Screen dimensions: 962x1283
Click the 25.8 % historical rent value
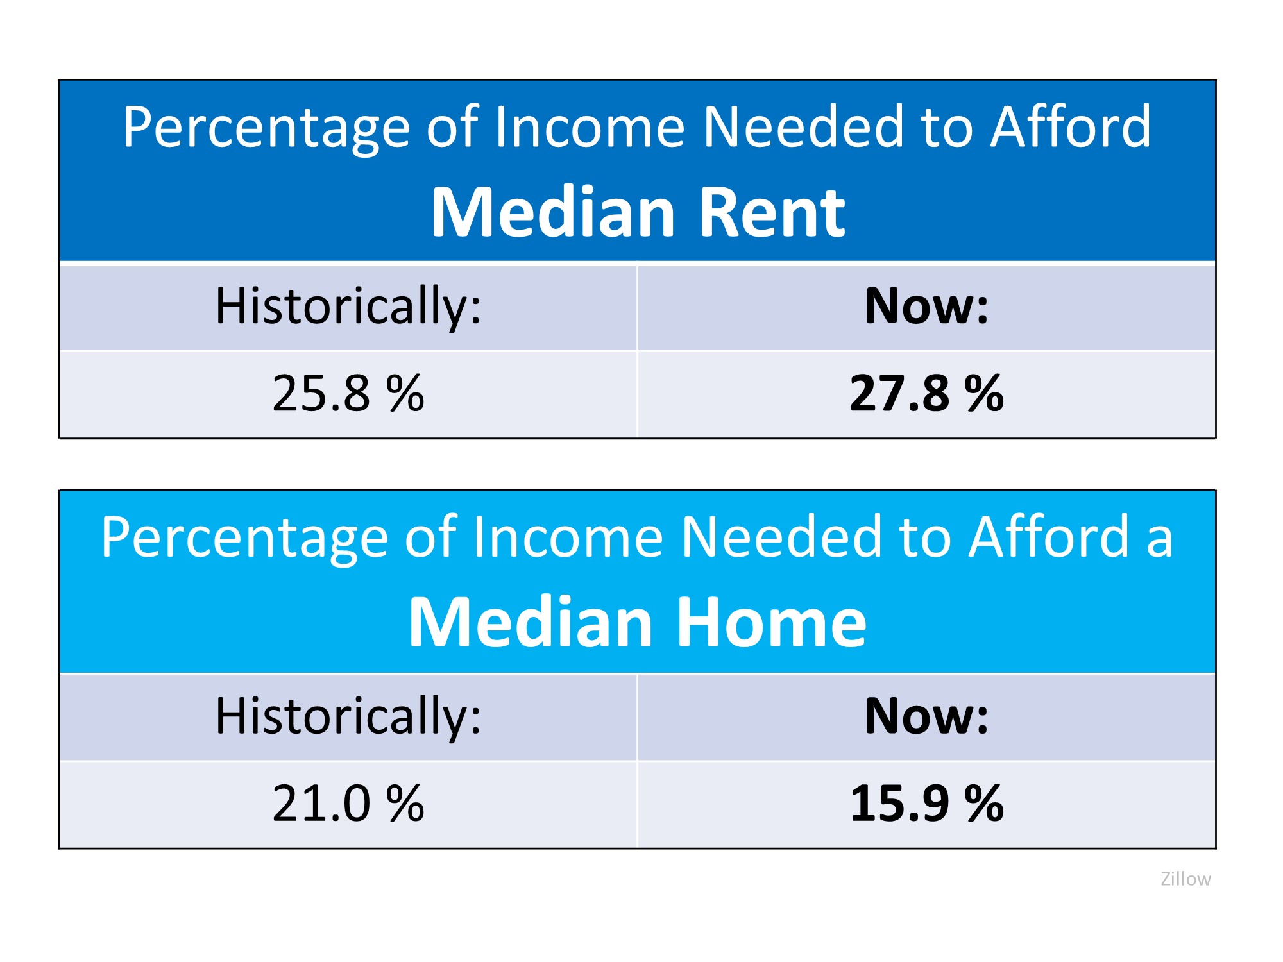[348, 393]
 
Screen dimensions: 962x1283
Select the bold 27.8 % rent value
[926, 393]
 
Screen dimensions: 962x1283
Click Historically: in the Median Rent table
[348, 307]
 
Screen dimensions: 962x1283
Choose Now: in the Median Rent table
[926, 307]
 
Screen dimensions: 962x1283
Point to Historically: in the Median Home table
[348, 716]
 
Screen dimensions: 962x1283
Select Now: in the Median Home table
[926, 716]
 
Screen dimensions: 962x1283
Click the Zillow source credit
[1185, 879]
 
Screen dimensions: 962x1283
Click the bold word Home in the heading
[771, 623]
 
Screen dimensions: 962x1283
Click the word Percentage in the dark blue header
[266, 128]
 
